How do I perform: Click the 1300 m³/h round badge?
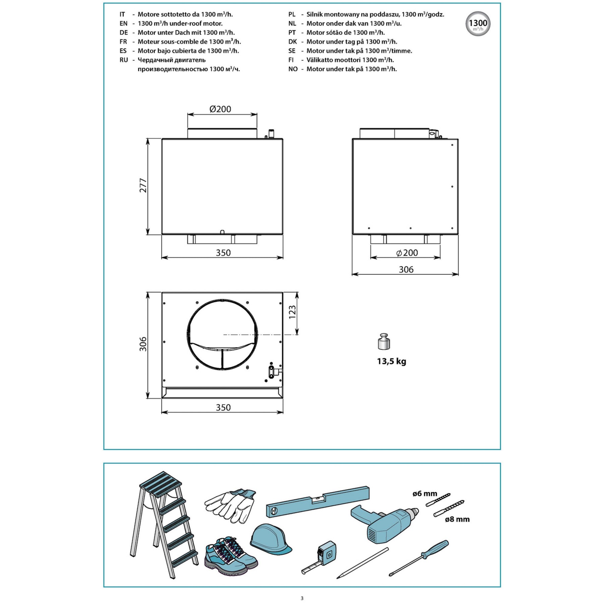point(478,24)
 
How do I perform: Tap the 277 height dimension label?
point(143,185)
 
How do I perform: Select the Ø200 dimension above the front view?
point(220,109)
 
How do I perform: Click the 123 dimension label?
point(292,312)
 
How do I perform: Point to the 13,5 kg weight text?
point(391,361)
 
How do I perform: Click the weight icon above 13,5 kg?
point(384,342)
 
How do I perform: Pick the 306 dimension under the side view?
point(406,269)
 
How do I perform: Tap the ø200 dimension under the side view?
point(407,253)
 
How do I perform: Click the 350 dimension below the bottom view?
point(223,407)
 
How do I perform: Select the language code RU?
point(124,60)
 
